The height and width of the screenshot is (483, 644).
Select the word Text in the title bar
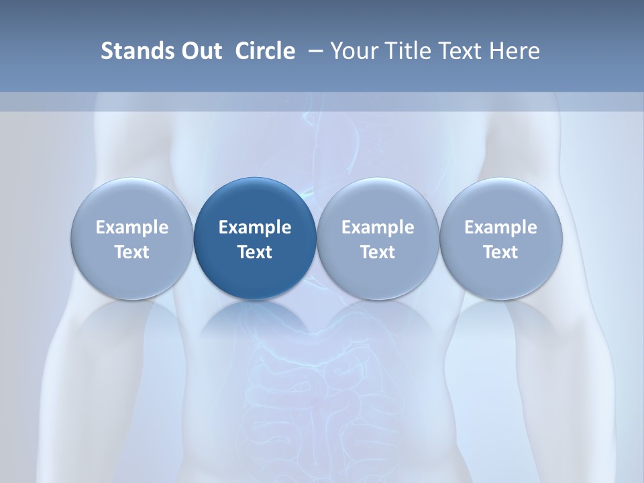461,51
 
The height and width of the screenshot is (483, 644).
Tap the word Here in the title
516,51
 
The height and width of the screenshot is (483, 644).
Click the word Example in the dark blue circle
255,227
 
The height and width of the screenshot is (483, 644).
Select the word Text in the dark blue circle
255,252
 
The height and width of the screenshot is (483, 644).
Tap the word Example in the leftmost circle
132,227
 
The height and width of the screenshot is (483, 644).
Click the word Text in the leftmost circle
132,252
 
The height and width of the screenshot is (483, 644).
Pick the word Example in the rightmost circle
501,227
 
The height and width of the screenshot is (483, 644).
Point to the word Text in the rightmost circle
501,252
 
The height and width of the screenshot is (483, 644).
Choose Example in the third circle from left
378,227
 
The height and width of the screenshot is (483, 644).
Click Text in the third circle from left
378,252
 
